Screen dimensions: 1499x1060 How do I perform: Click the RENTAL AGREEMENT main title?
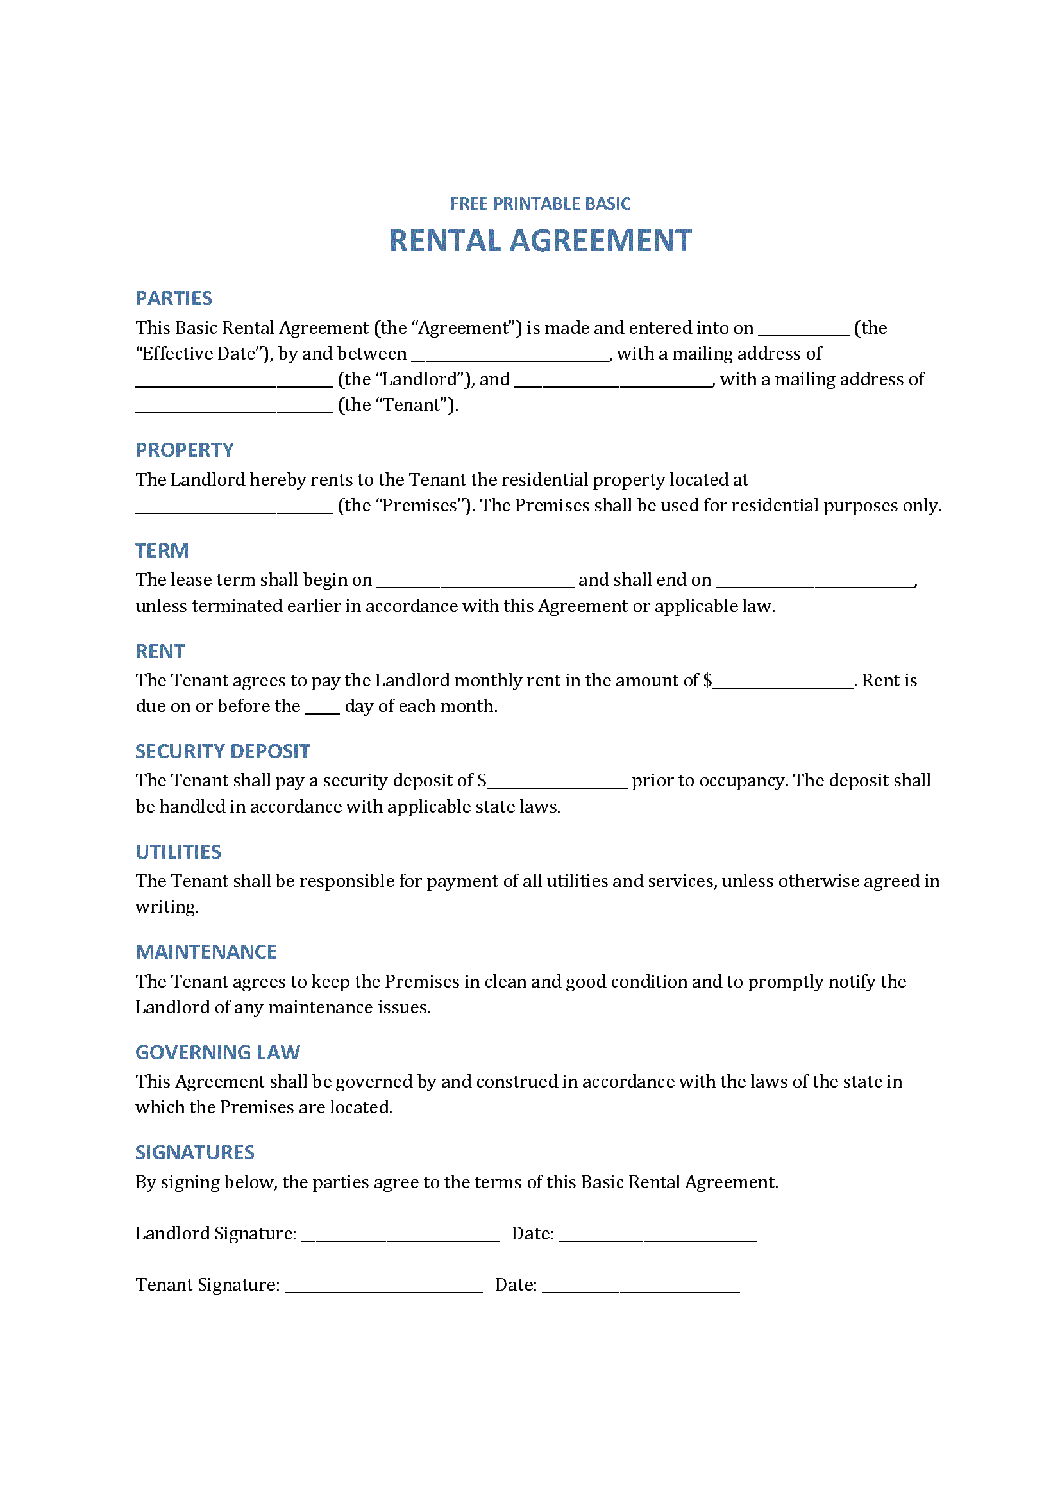tap(540, 241)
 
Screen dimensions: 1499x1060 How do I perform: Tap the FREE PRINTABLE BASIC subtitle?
tap(540, 204)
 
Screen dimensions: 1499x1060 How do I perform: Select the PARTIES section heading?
tap(174, 299)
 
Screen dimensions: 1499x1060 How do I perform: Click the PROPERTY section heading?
tap(184, 450)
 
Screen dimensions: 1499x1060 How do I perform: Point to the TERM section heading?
tap(162, 551)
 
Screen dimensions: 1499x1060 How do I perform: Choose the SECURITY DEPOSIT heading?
tap(223, 751)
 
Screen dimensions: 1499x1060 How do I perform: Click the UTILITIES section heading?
tap(178, 851)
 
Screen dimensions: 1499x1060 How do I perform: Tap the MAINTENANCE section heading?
tap(206, 952)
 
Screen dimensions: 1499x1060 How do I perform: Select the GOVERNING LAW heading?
tap(217, 1052)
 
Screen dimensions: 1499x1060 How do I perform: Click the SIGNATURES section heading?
tap(195, 1152)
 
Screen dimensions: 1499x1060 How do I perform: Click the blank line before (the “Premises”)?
tap(235, 509)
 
